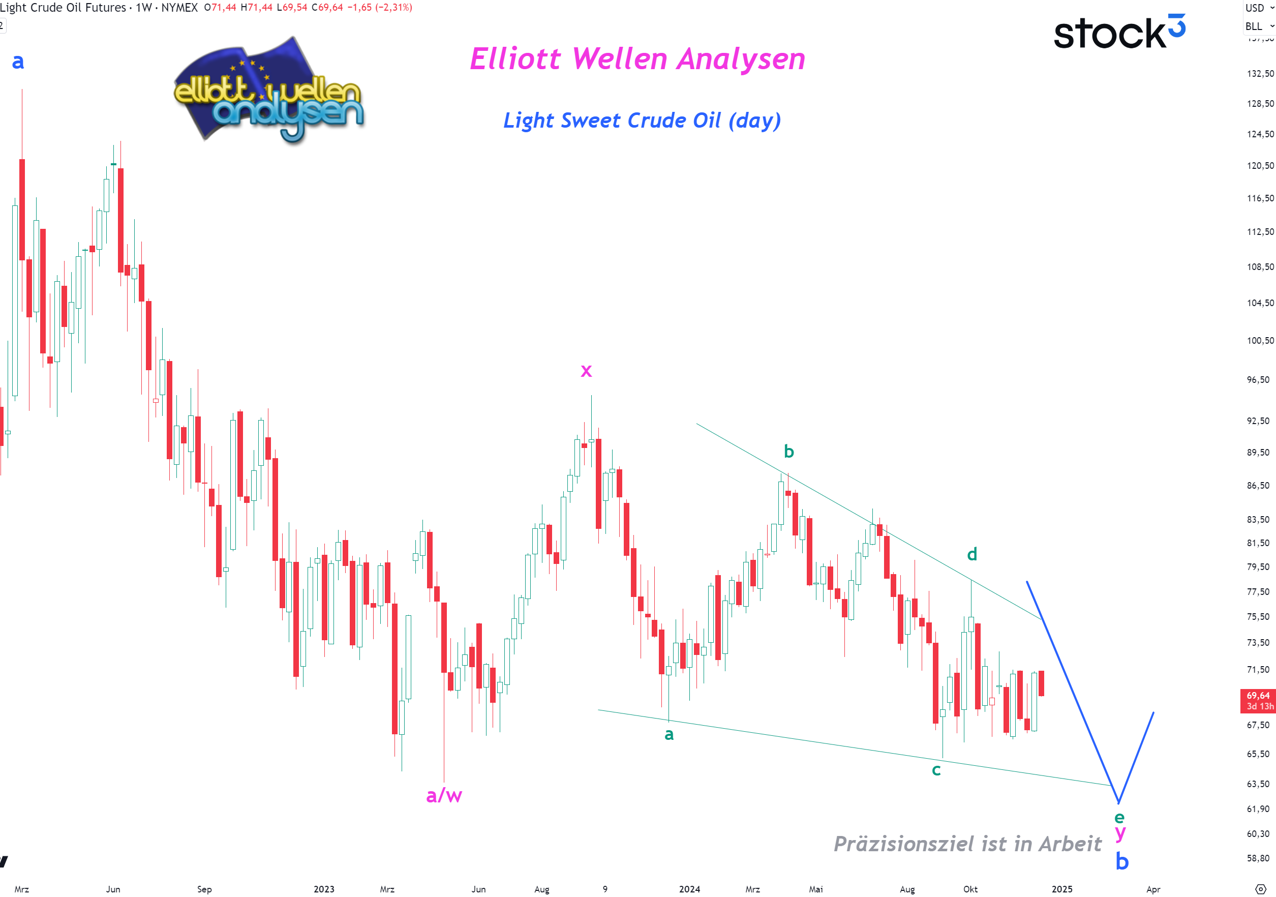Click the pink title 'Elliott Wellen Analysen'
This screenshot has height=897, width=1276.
click(637, 59)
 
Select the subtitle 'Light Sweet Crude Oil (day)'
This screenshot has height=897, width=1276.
click(642, 121)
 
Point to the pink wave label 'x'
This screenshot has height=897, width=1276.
click(586, 371)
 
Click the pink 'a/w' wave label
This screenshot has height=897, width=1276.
click(443, 795)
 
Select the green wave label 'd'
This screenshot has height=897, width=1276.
click(971, 554)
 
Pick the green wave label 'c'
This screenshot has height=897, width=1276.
click(936, 770)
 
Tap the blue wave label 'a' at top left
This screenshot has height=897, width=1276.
click(18, 61)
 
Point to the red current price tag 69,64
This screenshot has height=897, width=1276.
click(1257, 700)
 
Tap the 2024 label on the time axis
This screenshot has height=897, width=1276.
click(689, 889)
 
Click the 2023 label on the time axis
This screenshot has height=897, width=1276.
click(324, 889)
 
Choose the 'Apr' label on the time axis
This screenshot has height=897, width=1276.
click(1152, 889)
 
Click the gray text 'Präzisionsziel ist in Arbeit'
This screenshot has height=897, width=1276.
click(967, 844)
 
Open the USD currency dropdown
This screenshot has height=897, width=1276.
click(1259, 8)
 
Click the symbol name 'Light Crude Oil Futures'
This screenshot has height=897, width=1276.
click(63, 8)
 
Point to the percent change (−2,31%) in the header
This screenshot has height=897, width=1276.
click(394, 8)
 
